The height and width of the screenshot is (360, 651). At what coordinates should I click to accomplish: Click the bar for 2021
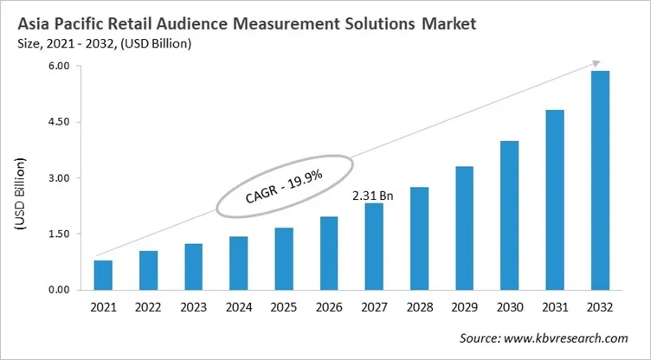(103, 275)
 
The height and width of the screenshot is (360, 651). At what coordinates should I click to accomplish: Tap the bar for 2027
(373, 247)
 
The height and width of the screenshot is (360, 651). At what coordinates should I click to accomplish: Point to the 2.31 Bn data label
(373, 196)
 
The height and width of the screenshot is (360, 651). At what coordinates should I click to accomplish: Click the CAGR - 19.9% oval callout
(284, 185)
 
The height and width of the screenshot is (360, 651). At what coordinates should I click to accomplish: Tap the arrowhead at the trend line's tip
(596, 63)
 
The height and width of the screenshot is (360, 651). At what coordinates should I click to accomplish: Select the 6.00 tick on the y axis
(58, 67)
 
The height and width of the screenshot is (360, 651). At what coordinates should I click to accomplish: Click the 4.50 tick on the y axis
(58, 122)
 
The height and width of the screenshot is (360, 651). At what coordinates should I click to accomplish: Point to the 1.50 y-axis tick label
(58, 234)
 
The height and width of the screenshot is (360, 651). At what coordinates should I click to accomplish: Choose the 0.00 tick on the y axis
(58, 289)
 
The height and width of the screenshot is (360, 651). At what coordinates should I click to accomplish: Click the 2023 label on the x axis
(193, 307)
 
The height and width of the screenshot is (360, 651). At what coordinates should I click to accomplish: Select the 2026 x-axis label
(328, 307)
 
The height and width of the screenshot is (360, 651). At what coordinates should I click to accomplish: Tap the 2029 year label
(464, 307)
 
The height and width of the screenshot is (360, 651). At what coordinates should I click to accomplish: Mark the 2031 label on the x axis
(554, 307)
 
